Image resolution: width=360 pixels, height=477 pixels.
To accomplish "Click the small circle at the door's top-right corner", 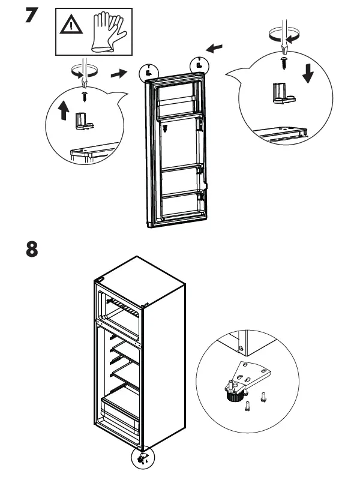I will click(199, 63).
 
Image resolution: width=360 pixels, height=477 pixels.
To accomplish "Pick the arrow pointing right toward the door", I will click(120, 73).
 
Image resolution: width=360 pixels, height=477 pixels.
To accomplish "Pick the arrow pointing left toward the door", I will click(220, 46).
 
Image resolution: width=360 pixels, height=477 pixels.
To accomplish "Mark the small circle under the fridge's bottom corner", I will click(143, 458).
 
